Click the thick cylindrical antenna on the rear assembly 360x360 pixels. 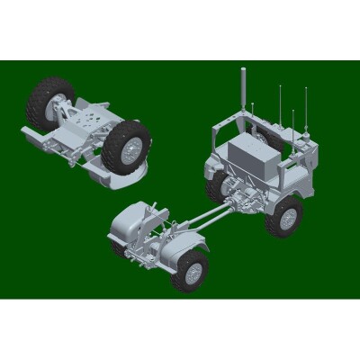pos(241,90)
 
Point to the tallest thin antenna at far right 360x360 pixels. pos(306,108)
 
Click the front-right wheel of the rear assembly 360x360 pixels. pos(286,216)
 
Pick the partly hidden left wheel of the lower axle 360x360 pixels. pos(118,245)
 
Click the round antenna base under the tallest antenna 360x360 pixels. pos(307,136)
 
